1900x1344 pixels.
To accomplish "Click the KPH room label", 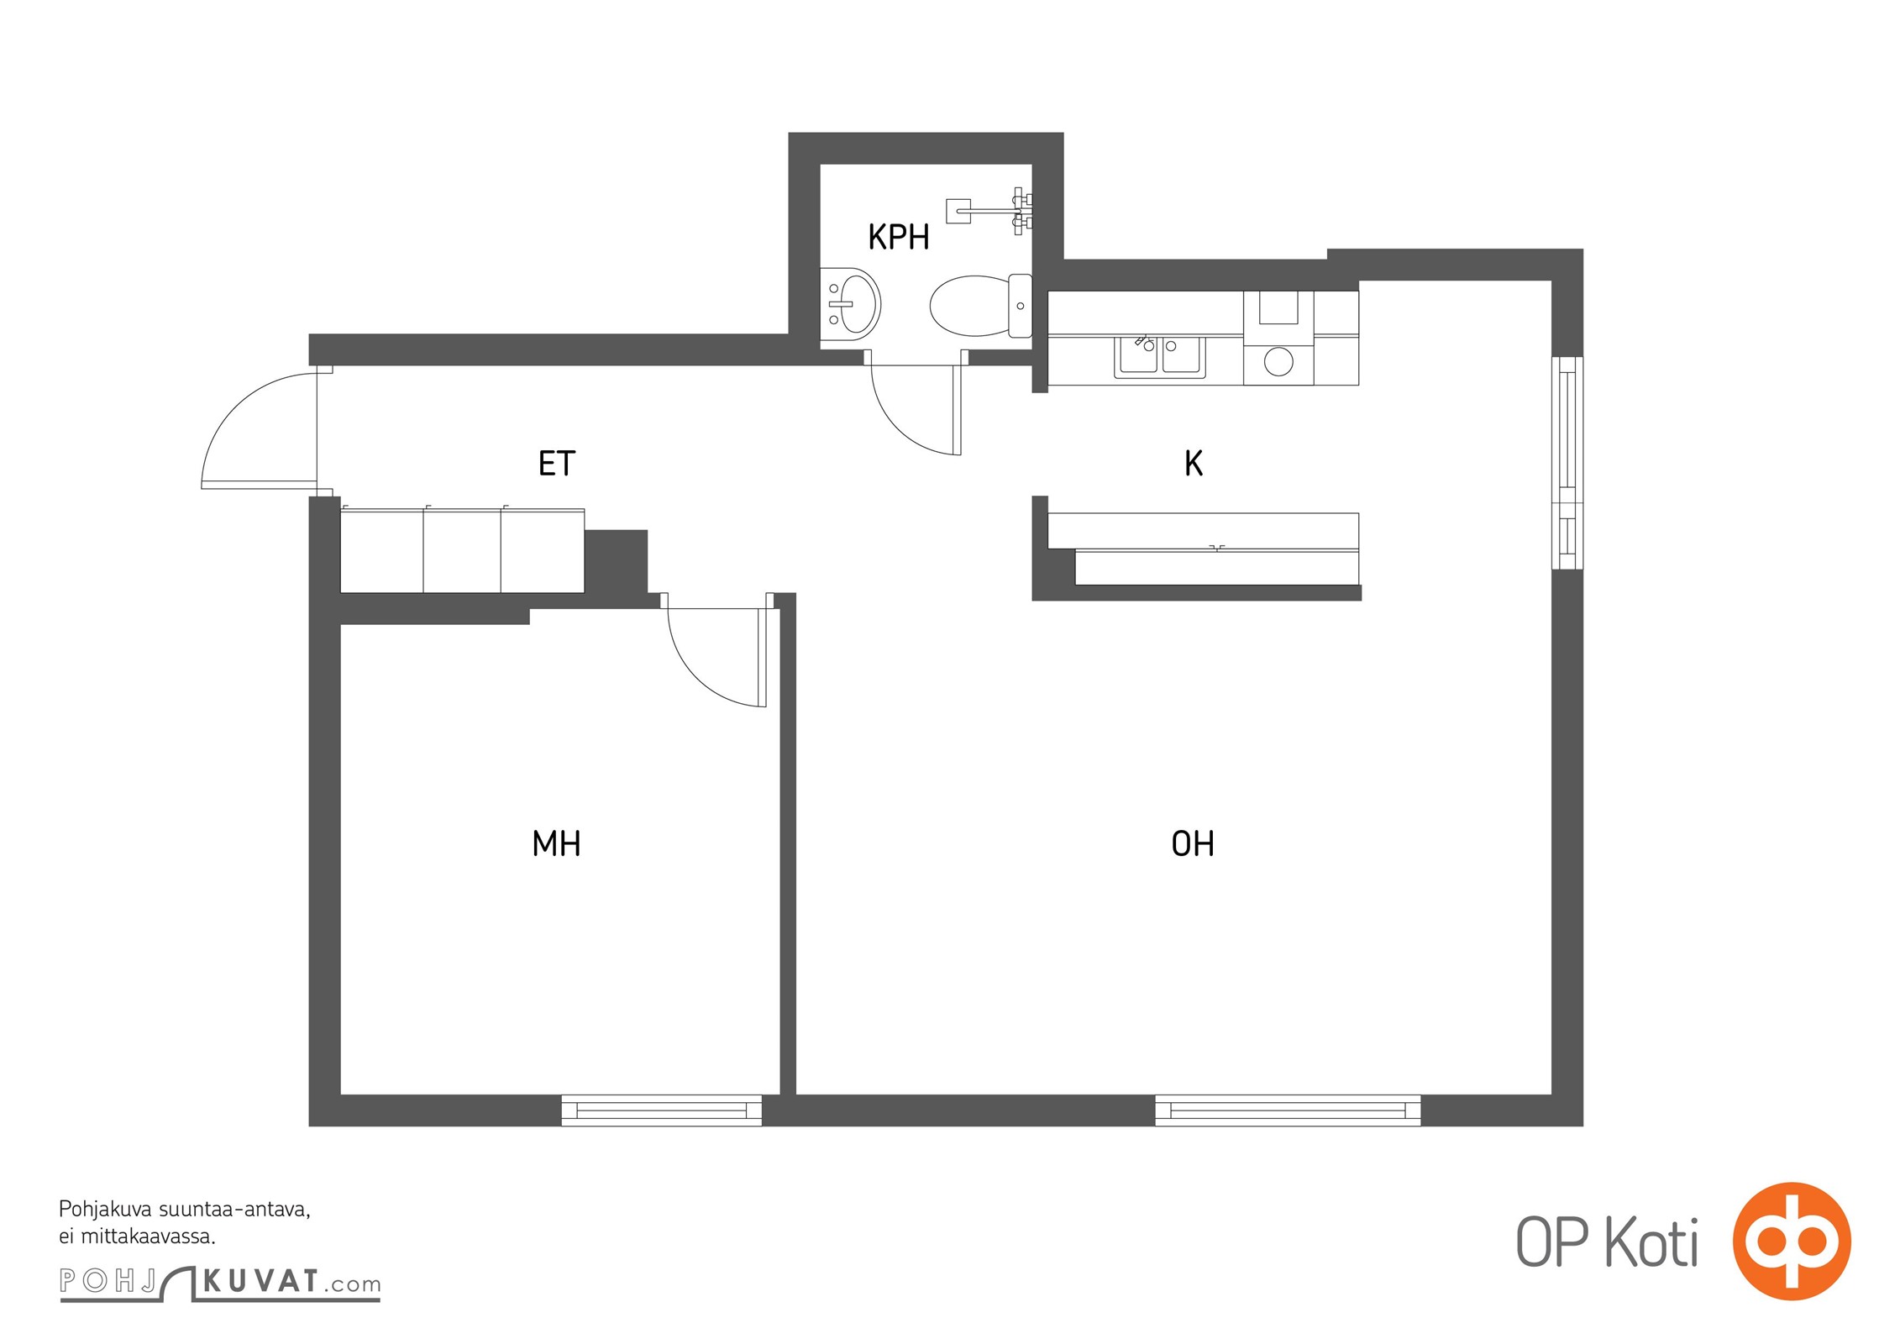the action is click(x=899, y=238).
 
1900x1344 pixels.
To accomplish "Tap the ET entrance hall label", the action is click(x=557, y=464).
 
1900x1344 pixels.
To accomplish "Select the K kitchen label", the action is click(x=1194, y=463).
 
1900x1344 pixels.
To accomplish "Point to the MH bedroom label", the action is click(x=556, y=843).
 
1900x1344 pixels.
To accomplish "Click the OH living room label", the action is click(x=1193, y=843).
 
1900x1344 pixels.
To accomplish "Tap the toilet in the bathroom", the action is click(x=980, y=305).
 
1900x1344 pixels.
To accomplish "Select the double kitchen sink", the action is click(x=1160, y=357).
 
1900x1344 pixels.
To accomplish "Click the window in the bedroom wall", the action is click(x=662, y=1110).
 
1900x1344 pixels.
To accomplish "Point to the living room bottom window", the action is click(x=1288, y=1110).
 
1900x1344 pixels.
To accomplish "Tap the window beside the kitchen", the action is click(x=1567, y=463).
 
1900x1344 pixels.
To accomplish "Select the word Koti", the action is click(x=1652, y=1242).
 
